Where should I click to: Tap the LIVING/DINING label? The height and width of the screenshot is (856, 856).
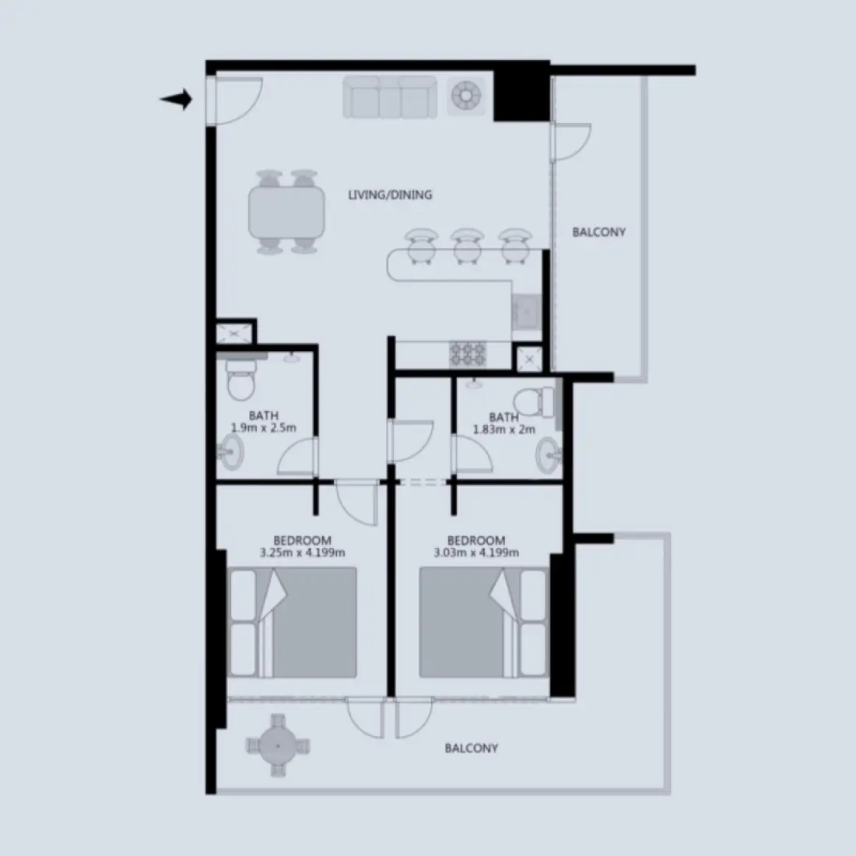(389, 195)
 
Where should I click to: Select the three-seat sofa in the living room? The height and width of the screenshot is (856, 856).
(389, 97)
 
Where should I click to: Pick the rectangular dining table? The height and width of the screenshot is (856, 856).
(286, 212)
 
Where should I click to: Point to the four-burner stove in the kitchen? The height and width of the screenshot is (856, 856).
(467, 354)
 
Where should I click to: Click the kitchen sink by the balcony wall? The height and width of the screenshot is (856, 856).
(526, 313)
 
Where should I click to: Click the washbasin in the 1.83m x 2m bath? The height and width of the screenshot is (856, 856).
(549, 451)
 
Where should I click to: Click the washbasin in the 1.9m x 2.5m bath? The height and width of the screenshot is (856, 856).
(231, 451)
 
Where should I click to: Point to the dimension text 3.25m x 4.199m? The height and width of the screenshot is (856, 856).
(302, 553)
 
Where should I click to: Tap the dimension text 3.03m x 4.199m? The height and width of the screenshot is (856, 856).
(476, 553)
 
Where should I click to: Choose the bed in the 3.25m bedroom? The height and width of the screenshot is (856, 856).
(293, 623)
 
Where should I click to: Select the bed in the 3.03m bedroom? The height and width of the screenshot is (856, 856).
(482, 623)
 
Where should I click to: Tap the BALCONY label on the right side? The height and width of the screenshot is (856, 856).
(598, 232)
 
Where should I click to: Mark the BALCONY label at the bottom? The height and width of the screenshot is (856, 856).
(471, 749)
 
